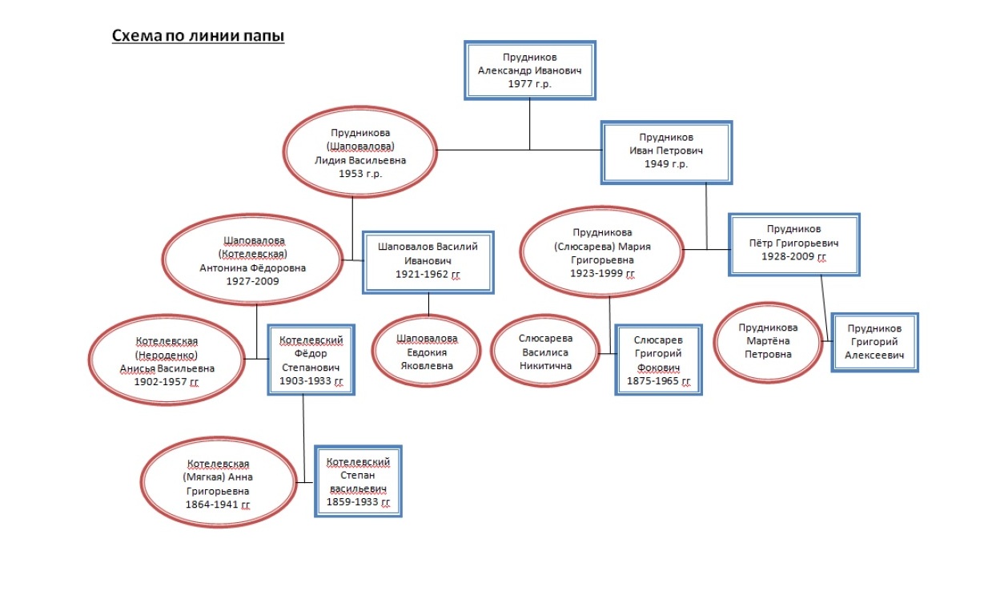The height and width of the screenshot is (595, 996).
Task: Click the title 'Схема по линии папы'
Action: click(198, 36)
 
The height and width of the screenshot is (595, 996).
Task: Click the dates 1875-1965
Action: click(658, 381)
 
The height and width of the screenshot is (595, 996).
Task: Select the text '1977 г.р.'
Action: click(529, 84)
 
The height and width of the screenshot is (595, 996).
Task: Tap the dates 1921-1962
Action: click(428, 275)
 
